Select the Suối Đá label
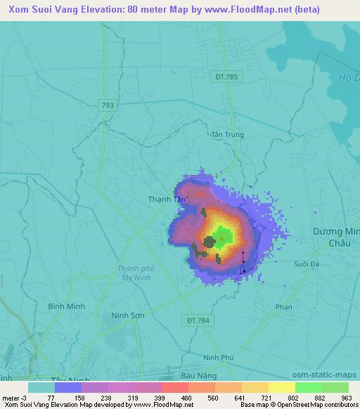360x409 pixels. (x=306, y=264)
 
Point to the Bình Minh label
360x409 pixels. (x=65, y=306)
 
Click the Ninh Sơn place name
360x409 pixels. (x=128, y=316)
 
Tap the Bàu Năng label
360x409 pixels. (x=196, y=376)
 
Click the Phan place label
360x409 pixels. (x=284, y=307)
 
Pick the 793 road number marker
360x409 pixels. (x=107, y=105)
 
